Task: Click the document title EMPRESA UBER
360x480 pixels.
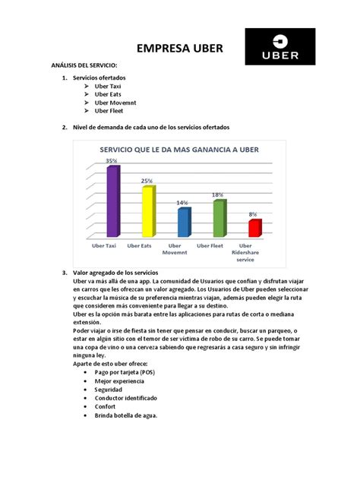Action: click(180, 49)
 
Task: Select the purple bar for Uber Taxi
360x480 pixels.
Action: click(112, 201)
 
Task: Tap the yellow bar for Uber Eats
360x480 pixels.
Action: click(147, 211)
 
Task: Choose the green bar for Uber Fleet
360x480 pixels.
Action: click(218, 218)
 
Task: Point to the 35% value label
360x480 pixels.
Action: click(112, 161)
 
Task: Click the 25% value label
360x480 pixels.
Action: click(146, 181)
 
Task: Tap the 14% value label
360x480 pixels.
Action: click(182, 203)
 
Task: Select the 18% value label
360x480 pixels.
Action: click(218, 195)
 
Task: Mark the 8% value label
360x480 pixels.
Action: click(253, 215)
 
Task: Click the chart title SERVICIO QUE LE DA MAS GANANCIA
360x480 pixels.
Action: click(179, 150)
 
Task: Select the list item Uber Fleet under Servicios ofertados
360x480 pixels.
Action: click(110, 111)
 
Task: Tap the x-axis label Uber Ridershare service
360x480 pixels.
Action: click(245, 252)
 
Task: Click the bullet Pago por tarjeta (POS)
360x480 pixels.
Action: click(126, 374)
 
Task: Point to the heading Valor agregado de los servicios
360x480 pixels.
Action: click(115, 272)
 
